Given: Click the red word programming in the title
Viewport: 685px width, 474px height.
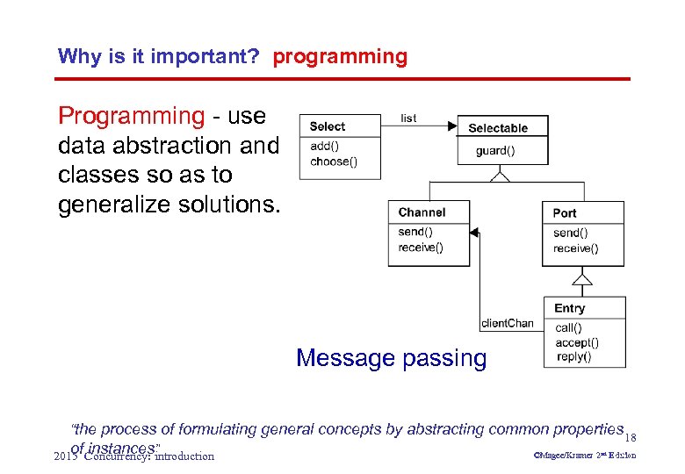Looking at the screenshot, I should point(340,57).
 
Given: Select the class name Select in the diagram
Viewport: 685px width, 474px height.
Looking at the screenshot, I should point(327,126).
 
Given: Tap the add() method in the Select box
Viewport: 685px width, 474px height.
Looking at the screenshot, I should point(324,146).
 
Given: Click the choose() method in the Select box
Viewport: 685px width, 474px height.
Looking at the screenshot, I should point(334,161).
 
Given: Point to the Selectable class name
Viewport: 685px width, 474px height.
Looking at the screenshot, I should point(498,128).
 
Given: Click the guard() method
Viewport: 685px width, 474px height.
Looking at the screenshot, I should point(495,150).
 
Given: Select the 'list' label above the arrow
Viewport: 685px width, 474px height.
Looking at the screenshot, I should point(408,118).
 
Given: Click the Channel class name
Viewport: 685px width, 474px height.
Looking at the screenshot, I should point(422,212).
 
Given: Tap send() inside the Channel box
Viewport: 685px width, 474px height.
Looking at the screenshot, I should point(415,232).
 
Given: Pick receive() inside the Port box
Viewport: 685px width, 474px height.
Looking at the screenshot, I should point(575,248).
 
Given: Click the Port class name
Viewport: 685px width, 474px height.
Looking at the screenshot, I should point(565,213).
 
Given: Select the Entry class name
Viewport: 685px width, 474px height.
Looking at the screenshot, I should point(569,308).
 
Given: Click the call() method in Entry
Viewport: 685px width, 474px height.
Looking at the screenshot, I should point(568,327).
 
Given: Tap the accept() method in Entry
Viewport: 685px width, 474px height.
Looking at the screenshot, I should point(577,342).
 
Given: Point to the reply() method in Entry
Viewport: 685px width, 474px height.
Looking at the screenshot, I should point(573,356).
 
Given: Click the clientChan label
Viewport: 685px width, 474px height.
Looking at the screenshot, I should point(507,323).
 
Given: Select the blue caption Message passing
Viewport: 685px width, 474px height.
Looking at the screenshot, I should point(391,358).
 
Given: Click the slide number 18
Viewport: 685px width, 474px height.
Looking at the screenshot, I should point(631,437).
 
